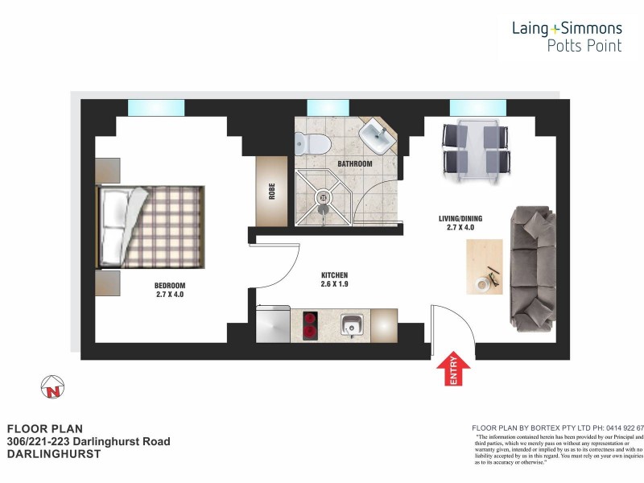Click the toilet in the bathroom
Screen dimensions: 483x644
coord(312,144)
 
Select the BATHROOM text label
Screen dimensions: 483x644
coord(354,164)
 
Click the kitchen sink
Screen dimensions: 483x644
coord(351,327)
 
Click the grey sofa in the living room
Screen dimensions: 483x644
coord(532,269)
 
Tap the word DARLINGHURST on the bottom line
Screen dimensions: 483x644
coord(53,454)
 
